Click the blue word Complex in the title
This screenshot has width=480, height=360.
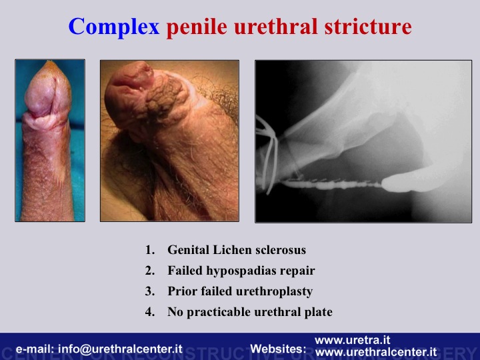click(114, 27)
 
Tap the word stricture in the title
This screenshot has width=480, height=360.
click(368, 26)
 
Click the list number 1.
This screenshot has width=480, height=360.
click(150, 250)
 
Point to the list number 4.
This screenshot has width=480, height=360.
click(150, 312)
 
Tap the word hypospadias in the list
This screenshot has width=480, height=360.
click(240, 271)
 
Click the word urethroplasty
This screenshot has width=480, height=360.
click(271, 292)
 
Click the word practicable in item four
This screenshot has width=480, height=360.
click(219, 312)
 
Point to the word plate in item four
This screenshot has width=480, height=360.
click(319, 312)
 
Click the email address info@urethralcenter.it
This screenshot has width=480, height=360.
click(120, 349)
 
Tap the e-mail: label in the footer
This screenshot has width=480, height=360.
click(35, 349)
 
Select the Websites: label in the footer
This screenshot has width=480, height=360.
click(278, 349)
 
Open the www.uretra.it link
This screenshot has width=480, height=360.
click(353, 340)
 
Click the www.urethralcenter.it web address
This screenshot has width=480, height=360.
click(376, 352)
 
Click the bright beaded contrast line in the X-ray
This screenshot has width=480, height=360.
click(332, 185)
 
